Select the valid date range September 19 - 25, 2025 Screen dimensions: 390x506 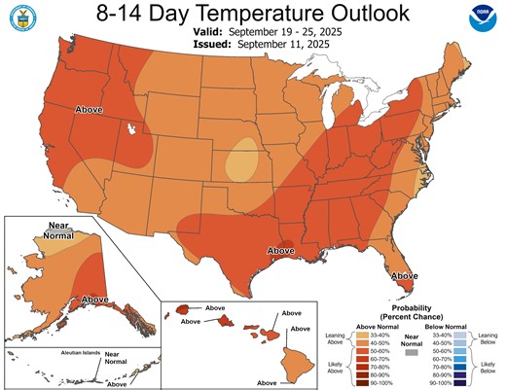[276, 32]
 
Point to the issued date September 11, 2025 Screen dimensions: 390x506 [275, 45]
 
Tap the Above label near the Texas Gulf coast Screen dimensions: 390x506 [280, 251]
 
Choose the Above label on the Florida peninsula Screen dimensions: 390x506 [405, 276]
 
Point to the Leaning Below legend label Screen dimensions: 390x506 [484, 336]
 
